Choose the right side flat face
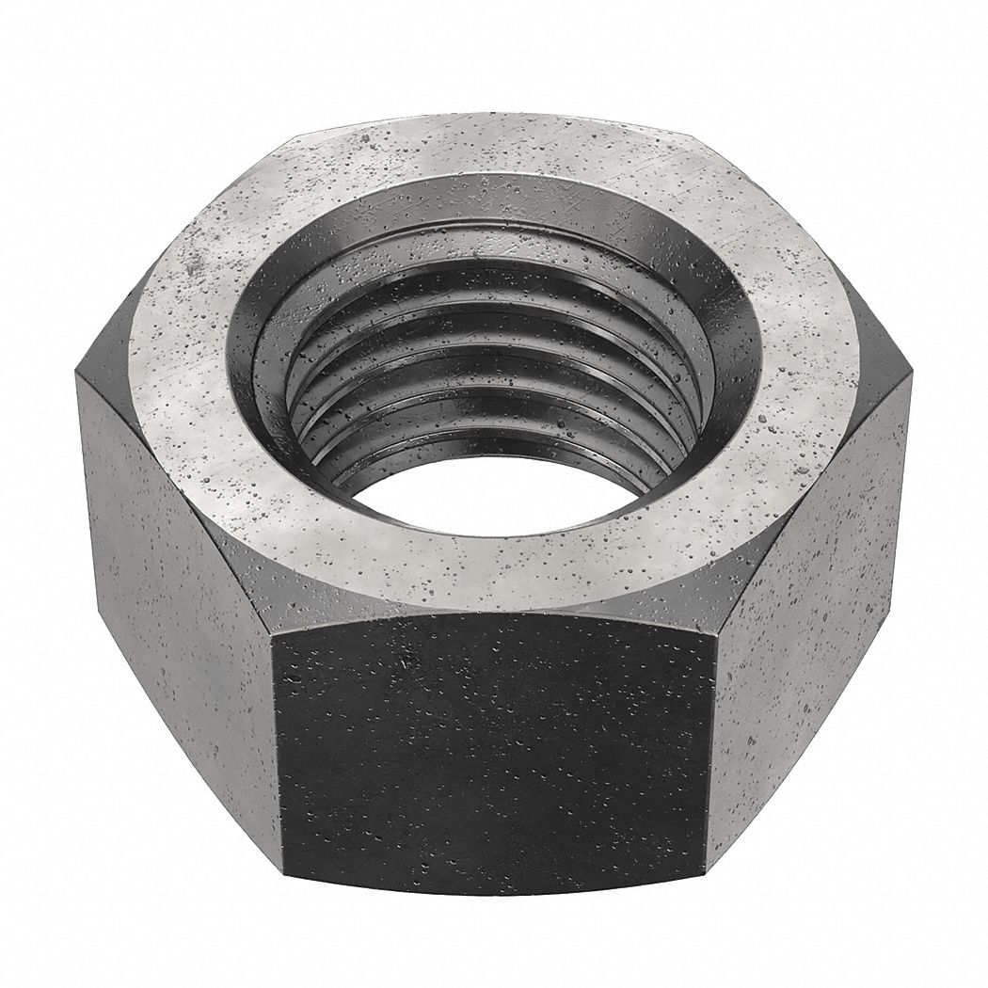(x=809, y=583)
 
